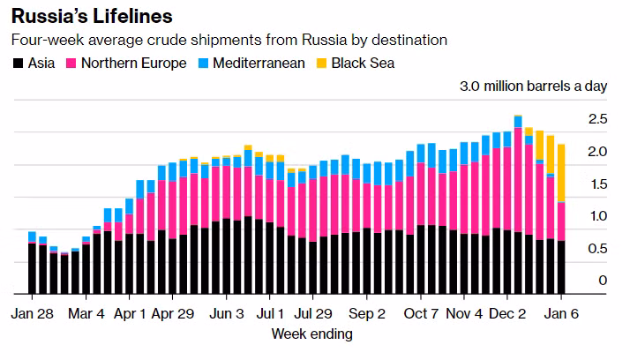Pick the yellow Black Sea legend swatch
(x=323, y=64)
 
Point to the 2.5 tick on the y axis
(x=597, y=118)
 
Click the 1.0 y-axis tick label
(x=597, y=215)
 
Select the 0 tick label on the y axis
(x=603, y=281)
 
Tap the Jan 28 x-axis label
(x=33, y=313)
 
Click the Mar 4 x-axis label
(x=86, y=313)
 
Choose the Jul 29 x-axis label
(x=314, y=313)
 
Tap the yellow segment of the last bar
(x=561, y=173)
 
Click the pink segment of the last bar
(x=561, y=221)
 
